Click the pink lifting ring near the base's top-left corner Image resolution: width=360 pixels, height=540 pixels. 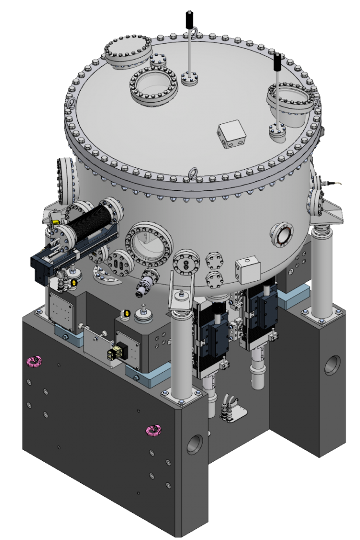click(34, 360)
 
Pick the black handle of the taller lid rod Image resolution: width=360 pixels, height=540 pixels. click(189, 19)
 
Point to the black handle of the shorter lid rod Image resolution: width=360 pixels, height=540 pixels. click(277, 61)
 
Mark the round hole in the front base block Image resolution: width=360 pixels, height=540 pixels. click(195, 444)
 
